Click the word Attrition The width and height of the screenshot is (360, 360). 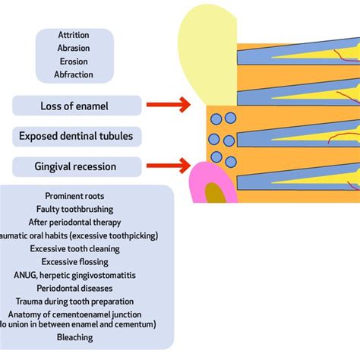(x=74, y=35)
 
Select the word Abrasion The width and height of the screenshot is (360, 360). (x=74, y=48)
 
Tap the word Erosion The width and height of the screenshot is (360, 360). (x=74, y=61)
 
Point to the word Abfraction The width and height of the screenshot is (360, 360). (x=74, y=74)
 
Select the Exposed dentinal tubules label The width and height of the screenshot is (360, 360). (x=76, y=137)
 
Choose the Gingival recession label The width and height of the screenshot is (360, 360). (x=76, y=166)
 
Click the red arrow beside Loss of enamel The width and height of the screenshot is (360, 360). (x=166, y=105)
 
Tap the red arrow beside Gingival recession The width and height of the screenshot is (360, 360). (x=166, y=163)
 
